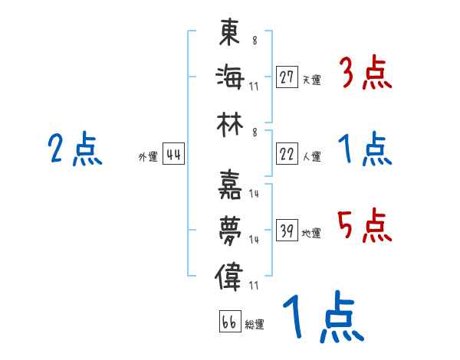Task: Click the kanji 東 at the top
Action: [x=230, y=34]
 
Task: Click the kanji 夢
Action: [x=230, y=229]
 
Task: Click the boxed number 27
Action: [x=287, y=77]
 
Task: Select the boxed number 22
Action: [x=287, y=154]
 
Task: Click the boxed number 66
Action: [x=229, y=322]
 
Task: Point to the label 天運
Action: [x=311, y=80]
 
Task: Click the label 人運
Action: [x=311, y=156]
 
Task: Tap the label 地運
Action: [x=311, y=233]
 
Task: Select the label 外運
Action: [x=147, y=156]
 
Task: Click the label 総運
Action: [x=255, y=324]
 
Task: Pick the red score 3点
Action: [x=365, y=74]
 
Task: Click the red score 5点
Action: [x=365, y=226]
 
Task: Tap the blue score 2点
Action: [x=75, y=149]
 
